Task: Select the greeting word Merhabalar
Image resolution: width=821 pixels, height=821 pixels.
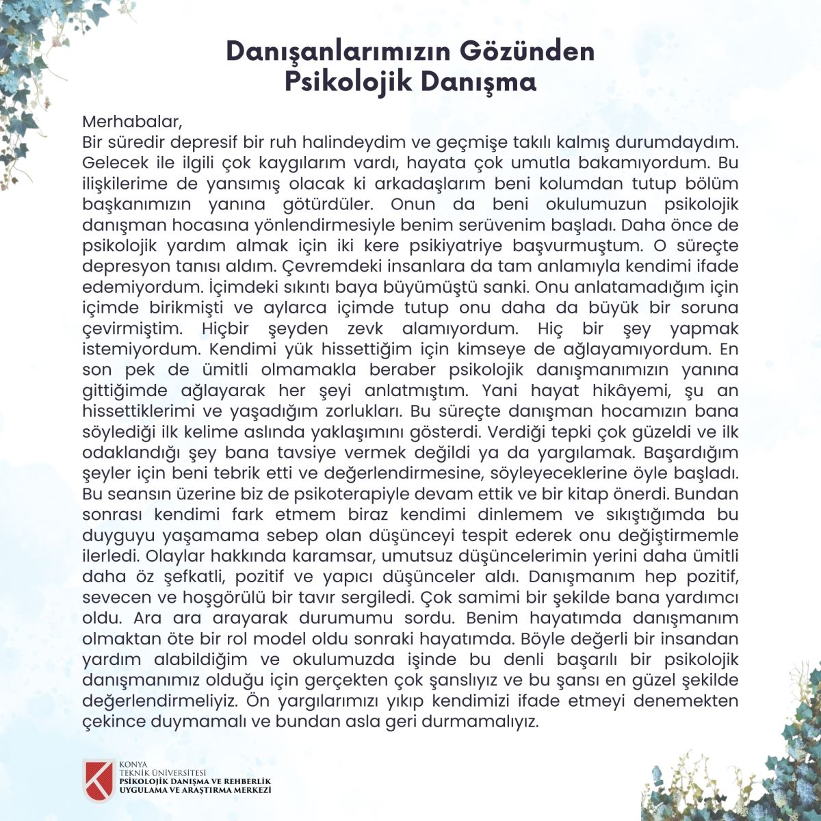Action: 132,122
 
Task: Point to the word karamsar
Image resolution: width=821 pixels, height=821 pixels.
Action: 322,556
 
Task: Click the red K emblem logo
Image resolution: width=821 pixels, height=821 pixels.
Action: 98,780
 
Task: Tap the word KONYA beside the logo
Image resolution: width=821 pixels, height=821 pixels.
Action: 133,764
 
